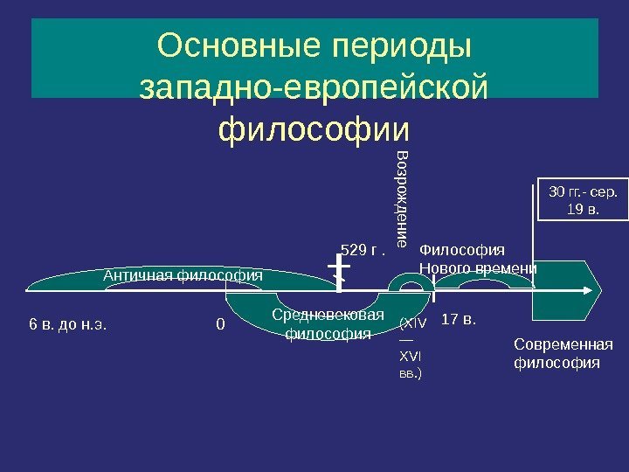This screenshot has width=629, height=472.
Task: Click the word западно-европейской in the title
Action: click(x=314, y=87)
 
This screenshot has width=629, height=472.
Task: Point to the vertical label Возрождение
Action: click(x=402, y=199)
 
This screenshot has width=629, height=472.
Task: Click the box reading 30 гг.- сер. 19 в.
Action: click(x=581, y=200)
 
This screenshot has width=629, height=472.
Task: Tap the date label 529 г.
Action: click(x=363, y=252)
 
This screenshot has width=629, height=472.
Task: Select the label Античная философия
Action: click(x=183, y=275)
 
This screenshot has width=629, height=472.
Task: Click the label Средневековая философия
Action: click(x=328, y=323)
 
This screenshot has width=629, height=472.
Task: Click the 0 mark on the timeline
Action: click(x=220, y=325)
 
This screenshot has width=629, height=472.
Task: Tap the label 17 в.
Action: click(x=460, y=319)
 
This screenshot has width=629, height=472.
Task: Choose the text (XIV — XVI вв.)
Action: click(x=412, y=348)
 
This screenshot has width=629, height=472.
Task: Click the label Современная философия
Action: click(x=563, y=353)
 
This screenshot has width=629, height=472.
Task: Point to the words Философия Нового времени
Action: click(x=478, y=260)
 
